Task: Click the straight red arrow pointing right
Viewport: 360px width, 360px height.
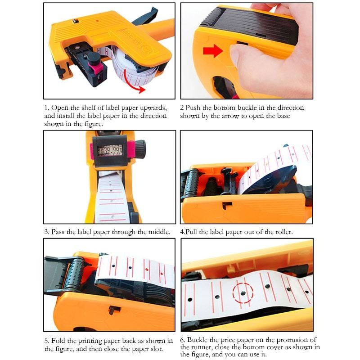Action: tap(213, 50)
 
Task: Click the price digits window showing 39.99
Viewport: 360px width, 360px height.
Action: tap(110, 150)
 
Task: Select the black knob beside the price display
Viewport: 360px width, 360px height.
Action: tap(140, 149)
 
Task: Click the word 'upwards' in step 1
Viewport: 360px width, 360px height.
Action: tap(153, 108)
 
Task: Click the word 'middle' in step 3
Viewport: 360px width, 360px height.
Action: tap(159, 232)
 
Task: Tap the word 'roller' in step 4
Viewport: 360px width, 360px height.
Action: tap(284, 232)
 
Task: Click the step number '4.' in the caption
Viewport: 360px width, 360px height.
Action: tap(183, 232)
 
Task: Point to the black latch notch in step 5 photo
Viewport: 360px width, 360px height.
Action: tap(114, 310)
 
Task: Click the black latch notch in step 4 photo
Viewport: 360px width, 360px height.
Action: tap(227, 205)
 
